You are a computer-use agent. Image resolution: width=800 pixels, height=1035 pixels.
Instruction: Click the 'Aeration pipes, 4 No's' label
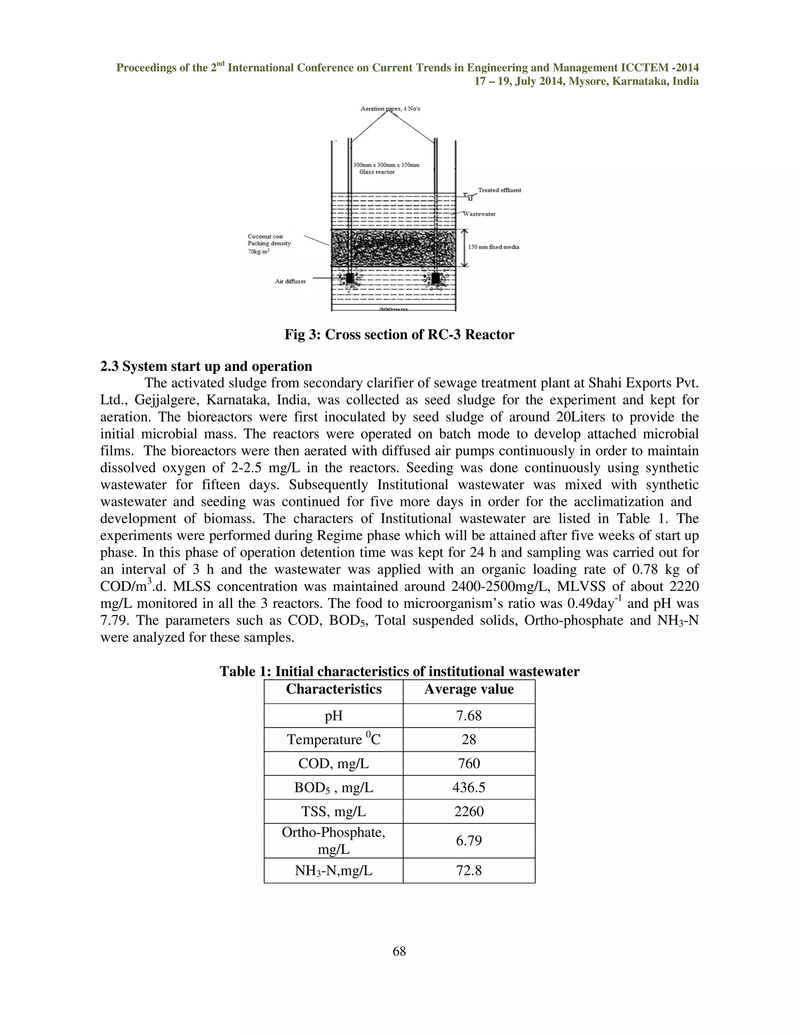click(390, 109)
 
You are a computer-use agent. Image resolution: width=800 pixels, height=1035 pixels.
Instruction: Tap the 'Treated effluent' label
click(499, 190)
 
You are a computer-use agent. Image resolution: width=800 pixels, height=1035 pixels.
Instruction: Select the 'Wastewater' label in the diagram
click(479, 214)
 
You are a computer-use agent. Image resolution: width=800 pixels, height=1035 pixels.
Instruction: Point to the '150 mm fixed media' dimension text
click(493, 247)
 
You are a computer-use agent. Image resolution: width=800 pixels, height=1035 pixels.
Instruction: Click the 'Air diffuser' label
click(290, 281)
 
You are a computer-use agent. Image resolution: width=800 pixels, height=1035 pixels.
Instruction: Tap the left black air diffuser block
click(350, 278)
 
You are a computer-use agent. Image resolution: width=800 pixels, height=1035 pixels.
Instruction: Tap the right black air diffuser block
click(436, 278)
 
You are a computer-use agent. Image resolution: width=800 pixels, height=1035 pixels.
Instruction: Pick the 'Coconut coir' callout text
click(265, 236)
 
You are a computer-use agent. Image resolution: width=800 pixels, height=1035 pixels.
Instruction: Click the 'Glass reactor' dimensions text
click(386, 168)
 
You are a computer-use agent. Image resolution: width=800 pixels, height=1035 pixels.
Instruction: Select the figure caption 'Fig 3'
click(399, 335)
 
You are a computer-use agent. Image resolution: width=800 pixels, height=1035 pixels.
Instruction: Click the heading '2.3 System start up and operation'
click(206, 366)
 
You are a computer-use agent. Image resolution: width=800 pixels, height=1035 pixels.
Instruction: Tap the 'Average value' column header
click(469, 689)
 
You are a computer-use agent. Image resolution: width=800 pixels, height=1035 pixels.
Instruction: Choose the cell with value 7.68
click(469, 716)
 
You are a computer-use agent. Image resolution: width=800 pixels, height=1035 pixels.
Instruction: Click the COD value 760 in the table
click(469, 764)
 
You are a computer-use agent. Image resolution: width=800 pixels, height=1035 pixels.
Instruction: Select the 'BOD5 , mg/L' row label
click(333, 788)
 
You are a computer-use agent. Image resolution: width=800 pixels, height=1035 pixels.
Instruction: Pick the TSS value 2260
click(469, 812)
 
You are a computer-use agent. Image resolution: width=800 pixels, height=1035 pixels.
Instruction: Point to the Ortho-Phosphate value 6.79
click(469, 841)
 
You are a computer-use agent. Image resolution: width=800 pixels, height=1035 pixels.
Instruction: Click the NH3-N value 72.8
click(469, 871)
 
